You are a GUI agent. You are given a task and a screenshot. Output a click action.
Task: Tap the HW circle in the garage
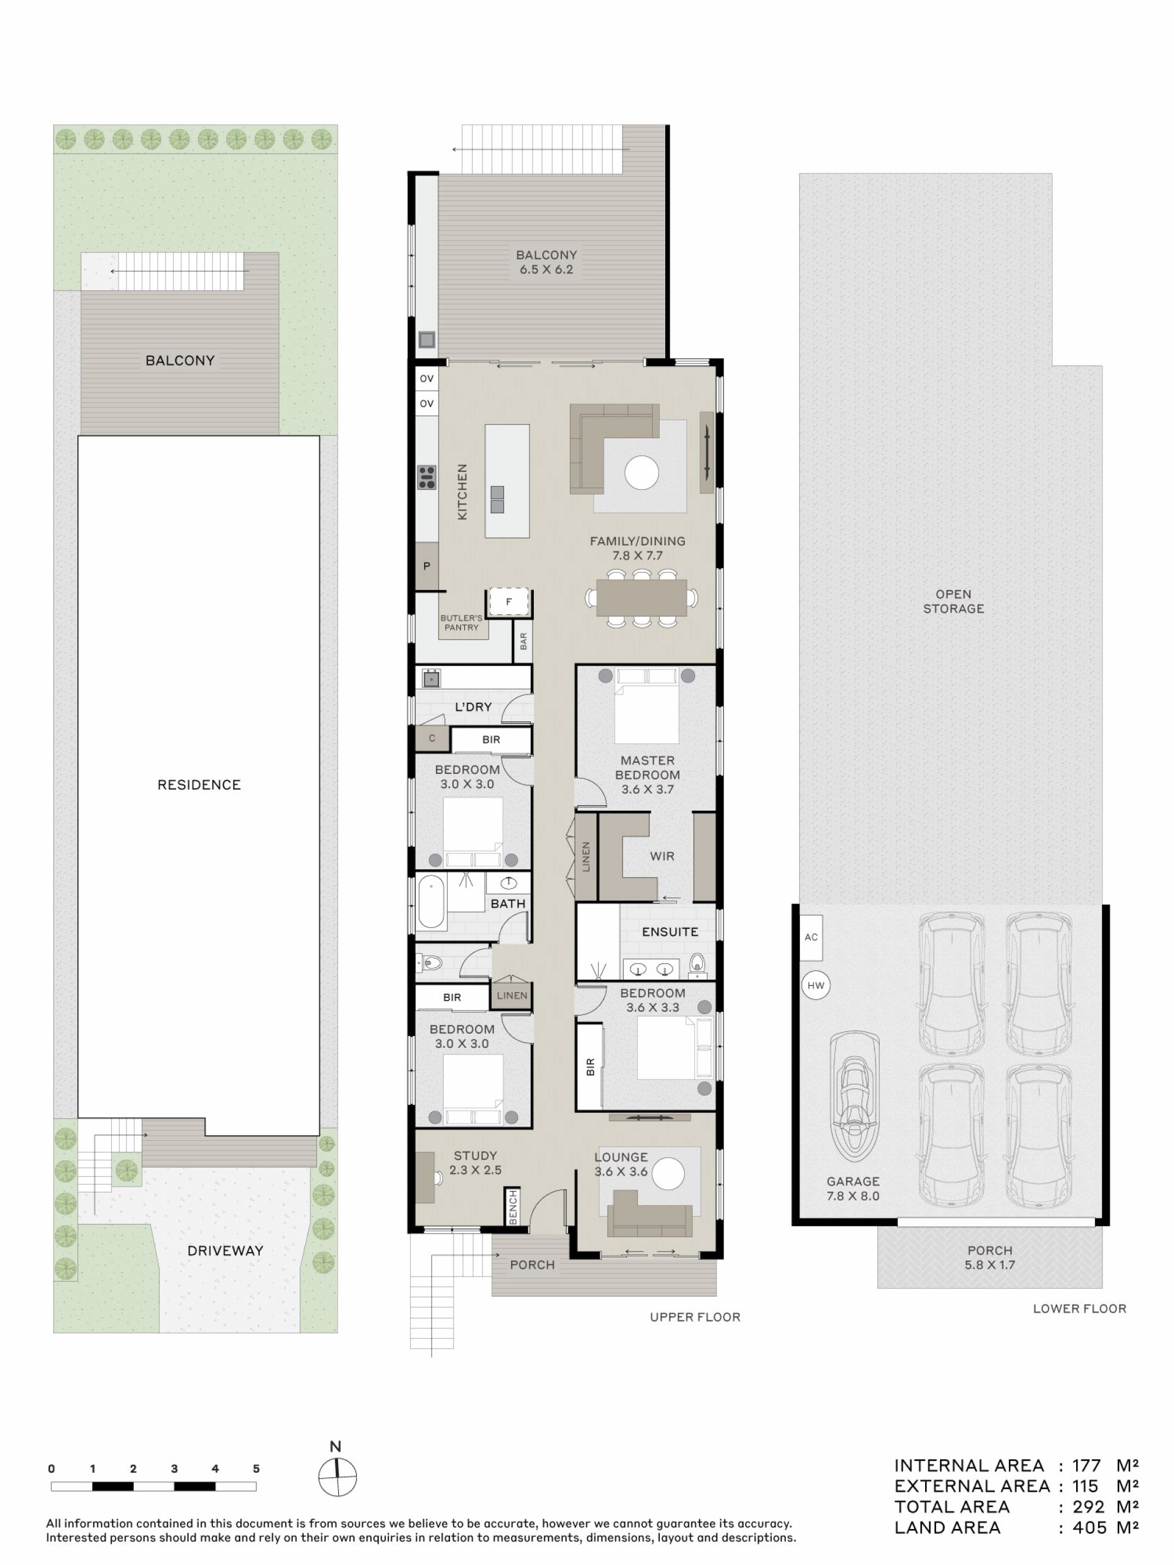coord(815,985)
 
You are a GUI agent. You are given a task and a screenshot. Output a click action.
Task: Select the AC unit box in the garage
coord(811,937)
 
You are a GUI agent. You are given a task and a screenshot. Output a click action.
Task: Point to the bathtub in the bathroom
coord(431,902)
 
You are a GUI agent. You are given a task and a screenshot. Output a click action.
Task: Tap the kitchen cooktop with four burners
coord(427,477)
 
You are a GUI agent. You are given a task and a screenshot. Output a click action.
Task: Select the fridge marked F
coord(508,602)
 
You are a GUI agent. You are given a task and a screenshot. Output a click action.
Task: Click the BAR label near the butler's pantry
coord(523,641)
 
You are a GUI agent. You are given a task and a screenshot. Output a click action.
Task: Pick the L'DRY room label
coord(473,707)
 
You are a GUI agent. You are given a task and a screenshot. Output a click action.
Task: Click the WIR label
coord(662,856)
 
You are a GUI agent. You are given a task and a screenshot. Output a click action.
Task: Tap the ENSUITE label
coord(670,932)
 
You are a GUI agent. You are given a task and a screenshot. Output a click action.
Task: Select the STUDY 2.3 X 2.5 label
coord(475,1162)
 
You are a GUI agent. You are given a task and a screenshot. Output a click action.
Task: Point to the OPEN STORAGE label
coord(953,602)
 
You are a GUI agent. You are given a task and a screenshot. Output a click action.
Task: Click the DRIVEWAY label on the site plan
coord(225,1250)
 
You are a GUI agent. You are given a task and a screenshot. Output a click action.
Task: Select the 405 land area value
coord(1089,1528)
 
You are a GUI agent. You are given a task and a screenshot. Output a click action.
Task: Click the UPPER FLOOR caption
coord(695,1317)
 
